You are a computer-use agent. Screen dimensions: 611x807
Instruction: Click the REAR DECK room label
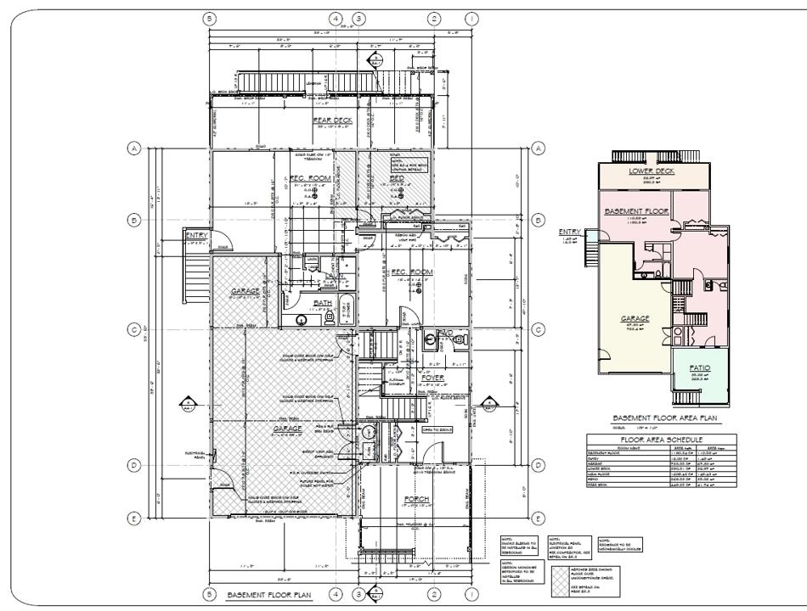332,121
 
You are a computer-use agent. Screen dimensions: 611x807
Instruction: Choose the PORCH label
417,499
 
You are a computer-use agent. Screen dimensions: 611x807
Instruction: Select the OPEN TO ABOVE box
439,430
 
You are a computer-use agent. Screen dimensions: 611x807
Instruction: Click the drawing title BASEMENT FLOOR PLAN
269,596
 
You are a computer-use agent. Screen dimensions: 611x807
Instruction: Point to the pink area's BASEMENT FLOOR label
637,210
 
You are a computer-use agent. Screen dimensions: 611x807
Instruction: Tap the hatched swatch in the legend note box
561,576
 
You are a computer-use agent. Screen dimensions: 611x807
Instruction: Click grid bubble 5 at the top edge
209,17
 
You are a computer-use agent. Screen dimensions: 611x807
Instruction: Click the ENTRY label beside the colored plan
568,232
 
